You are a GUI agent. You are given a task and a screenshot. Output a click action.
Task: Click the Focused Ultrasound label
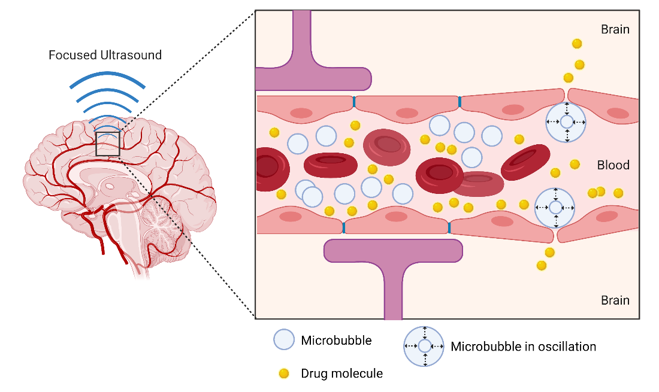pyautogui.click(x=105, y=55)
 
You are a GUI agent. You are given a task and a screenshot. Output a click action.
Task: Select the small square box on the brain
pyautogui.click(x=108, y=144)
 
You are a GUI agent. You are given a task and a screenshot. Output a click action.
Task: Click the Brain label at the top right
pyautogui.click(x=615, y=29)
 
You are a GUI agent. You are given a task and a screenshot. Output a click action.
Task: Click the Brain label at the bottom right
pyautogui.click(x=615, y=300)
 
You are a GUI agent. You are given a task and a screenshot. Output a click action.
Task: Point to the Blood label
pyautogui.click(x=613, y=165)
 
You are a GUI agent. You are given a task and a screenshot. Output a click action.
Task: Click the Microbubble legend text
pyautogui.click(x=336, y=341)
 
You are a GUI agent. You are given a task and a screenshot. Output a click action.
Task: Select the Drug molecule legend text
pyautogui.click(x=341, y=373)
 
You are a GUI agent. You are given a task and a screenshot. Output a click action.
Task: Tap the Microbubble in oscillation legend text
pyautogui.click(x=523, y=347)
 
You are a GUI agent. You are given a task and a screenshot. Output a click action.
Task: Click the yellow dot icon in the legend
pyautogui.click(x=284, y=373)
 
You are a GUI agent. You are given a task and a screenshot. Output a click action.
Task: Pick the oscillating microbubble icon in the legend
pyautogui.click(x=424, y=346)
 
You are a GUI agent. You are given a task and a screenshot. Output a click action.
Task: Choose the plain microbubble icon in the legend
pyautogui.click(x=283, y=340)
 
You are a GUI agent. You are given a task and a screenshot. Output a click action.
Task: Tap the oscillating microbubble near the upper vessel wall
pyautogui.click(x=566, y=122)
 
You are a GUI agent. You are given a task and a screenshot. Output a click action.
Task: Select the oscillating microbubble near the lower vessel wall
pyautogui.click(x=555, y=208)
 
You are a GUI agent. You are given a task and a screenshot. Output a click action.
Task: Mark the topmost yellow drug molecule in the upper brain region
pyautogui.click(x=577, y=43)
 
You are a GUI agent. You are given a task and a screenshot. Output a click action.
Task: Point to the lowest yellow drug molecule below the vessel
pyautogui.click(x=542, y=265)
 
